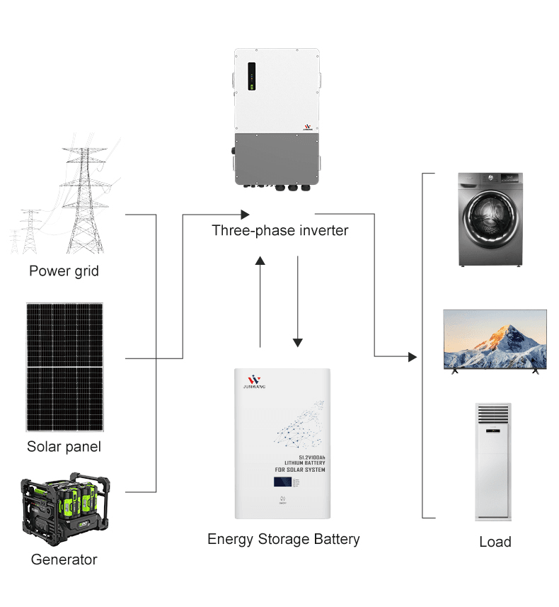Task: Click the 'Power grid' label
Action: pos(64,271)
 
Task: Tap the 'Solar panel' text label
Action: pos(64,447)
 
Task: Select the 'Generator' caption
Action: pos(64,560)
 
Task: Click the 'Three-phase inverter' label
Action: pos(280,231)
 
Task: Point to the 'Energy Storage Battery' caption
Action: pos(283,539)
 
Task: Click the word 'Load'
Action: pos(495,542)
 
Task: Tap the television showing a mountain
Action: pos(495,339)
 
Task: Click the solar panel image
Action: pos(64,367)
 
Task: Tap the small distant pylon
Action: pos(29,232)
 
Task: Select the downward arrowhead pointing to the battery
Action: pos(298,341)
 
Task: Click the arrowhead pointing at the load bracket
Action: pos(412,357)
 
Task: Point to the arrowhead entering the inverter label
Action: pos(245,214)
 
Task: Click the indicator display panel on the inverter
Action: pos(251,78)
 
